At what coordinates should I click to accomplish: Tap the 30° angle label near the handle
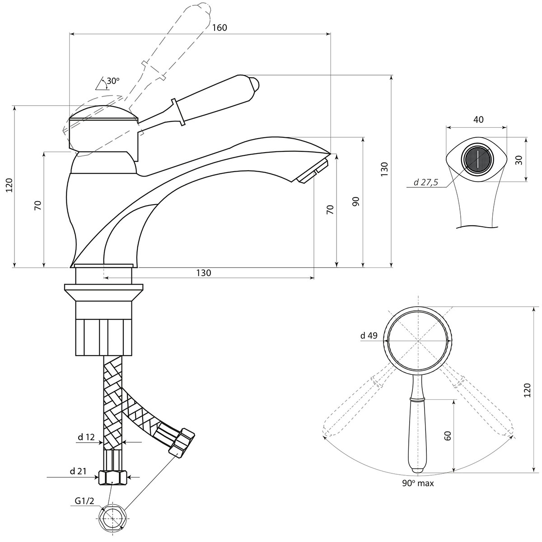tap(112, 81)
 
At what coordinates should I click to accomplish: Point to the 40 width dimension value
tap(478, 120)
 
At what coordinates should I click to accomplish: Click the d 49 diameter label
tap(369, 336)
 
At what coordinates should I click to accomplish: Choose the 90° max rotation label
tap(418, 483)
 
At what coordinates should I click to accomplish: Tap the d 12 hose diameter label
tap(86, 437)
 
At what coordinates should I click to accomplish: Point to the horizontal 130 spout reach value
tap(203, 273)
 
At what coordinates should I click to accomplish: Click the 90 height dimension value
tap(356, 201)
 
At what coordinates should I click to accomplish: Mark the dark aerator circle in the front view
tap(477, 159)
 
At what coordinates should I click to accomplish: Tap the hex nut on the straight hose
tap(113, 477)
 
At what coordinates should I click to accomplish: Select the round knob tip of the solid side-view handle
tap(255, 84)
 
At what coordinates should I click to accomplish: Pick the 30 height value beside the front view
tap(519, 160)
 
